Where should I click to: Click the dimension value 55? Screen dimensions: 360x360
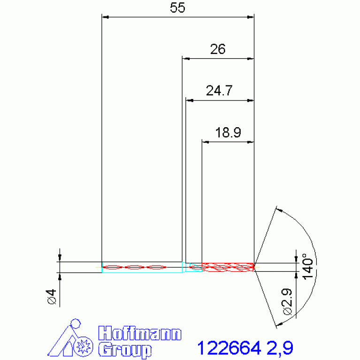177,8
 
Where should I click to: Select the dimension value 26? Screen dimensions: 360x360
218,49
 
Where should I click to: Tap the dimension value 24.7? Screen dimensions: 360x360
219,91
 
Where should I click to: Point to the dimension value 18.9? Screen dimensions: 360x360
228,132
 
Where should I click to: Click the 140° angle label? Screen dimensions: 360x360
307,266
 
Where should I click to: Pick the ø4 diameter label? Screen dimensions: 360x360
52,297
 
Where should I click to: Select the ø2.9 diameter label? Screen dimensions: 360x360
287,301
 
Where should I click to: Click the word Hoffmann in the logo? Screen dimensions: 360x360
140,333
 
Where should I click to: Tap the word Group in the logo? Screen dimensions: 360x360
125,350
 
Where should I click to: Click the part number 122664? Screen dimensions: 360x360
229,348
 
